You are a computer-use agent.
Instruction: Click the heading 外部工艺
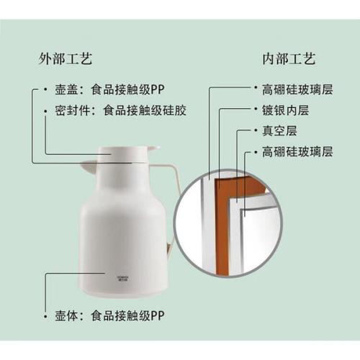(66, 59)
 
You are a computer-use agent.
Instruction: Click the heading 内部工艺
(289, 59)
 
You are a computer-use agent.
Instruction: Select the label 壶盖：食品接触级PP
(109, 90)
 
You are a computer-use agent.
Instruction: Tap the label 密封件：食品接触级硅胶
(121, 111)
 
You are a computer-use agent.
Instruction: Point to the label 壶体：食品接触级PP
(109, 316)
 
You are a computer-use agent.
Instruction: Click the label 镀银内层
(285, 110)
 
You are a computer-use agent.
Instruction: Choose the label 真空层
(279, 131)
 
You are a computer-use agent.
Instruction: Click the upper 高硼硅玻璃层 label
(297, 90)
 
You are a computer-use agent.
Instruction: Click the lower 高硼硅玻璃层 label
(297, 152)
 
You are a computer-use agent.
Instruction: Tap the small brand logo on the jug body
(123, 279)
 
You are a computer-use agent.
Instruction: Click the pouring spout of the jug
(89, 166)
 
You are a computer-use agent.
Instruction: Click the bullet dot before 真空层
(256, 130)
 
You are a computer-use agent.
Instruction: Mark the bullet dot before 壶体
(45, 317)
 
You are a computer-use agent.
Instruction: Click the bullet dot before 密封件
(45, 111)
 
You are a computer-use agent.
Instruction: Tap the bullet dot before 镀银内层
(256, 109)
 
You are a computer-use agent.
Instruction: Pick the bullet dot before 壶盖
(45, 89)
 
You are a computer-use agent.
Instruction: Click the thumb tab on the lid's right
(153, 148)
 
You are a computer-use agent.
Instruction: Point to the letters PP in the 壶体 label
(158, 316)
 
